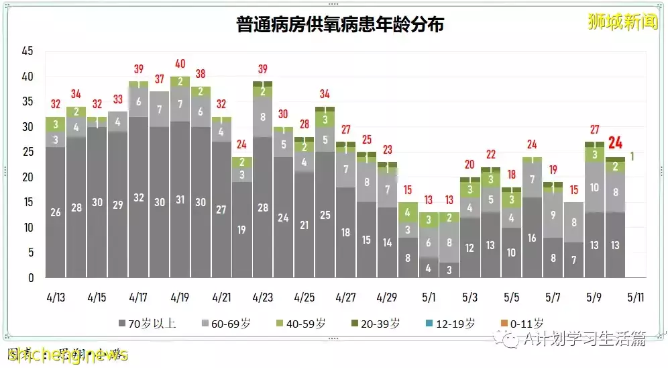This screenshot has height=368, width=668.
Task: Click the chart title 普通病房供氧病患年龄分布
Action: click(340, 25)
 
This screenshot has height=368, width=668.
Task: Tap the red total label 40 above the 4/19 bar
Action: click(180, 64)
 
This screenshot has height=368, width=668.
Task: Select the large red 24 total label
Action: click(615, 143)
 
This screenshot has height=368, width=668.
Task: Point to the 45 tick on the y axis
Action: click(27, 51)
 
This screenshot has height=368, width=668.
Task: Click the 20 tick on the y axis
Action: click(27, 177)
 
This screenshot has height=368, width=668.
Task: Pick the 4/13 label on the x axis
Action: click(56, 296)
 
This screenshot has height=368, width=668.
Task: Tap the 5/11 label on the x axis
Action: click(636, 296)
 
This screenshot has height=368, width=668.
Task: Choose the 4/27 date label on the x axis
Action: click(345, 296)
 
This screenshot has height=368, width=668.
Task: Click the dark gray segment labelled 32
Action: click(139, 197)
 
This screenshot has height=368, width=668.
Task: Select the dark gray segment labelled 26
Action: click(56, 212)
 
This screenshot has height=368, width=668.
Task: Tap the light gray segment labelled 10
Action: click(594, 187)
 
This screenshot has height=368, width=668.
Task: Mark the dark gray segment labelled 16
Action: click(532, 237)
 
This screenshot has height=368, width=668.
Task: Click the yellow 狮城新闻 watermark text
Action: click(613, 21)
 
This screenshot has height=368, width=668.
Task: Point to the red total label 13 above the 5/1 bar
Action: click(429, 200)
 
